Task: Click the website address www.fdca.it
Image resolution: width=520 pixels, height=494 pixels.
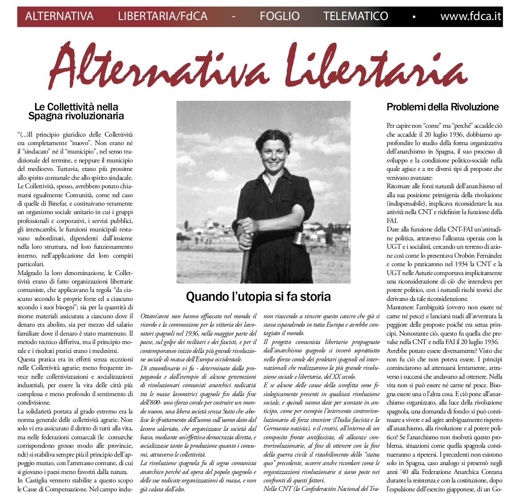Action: (x=471, y=17)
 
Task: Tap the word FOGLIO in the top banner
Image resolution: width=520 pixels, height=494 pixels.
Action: (x=279, y=17)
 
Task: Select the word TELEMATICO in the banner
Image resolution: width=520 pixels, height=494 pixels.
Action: (x=355, y=17)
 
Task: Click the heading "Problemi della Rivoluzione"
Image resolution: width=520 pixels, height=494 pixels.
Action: (x=443, y=107)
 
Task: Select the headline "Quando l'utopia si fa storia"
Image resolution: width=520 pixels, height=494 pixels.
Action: (x=258, y=296)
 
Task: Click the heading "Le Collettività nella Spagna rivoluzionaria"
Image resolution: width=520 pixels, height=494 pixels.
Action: (x=76, y=111)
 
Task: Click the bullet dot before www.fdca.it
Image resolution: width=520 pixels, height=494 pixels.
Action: (x=414, y=17)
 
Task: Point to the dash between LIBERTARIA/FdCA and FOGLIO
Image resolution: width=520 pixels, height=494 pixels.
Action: (x=234, y=17)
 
